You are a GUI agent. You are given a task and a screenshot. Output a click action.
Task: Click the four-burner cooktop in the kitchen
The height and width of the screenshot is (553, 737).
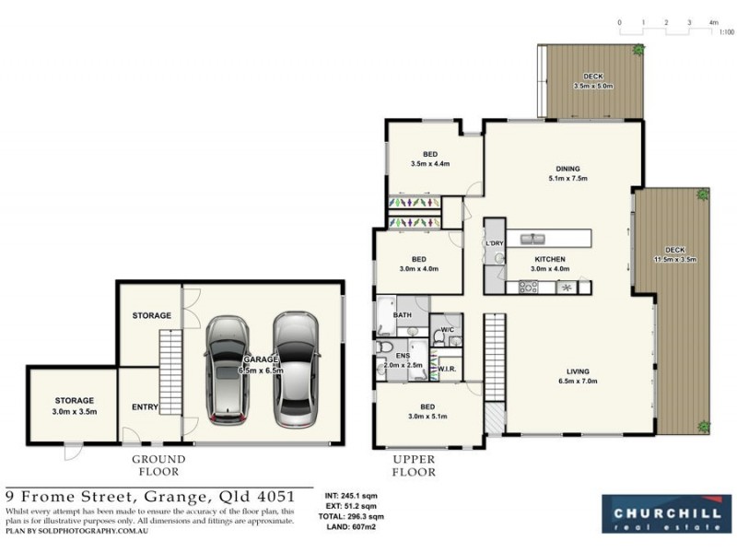(x=529, y=287)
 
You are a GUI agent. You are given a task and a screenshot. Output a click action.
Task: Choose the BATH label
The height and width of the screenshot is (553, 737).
(x=402, y=314)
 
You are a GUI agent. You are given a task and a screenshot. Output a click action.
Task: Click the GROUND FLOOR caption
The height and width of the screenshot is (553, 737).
(x=158, y=465)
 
